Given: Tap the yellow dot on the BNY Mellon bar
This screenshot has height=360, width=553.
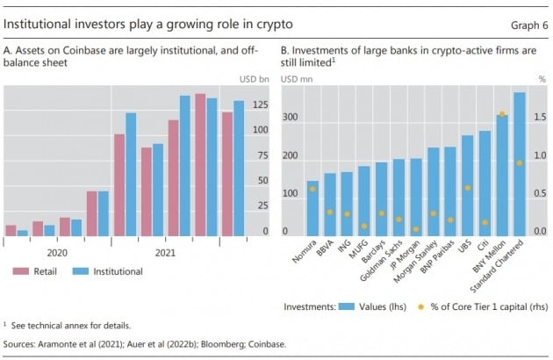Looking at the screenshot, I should (x=502, y=114).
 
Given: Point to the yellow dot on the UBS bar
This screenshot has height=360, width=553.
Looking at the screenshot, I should (x=468, y=188).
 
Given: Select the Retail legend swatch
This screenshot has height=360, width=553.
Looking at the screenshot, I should (x=23, y=272).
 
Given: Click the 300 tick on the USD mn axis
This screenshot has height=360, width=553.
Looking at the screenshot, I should (x=290, y=117).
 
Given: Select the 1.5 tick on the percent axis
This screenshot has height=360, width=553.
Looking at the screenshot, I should (x=542, y=117).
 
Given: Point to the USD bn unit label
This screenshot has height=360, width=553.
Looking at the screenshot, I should (x=254, y=80).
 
